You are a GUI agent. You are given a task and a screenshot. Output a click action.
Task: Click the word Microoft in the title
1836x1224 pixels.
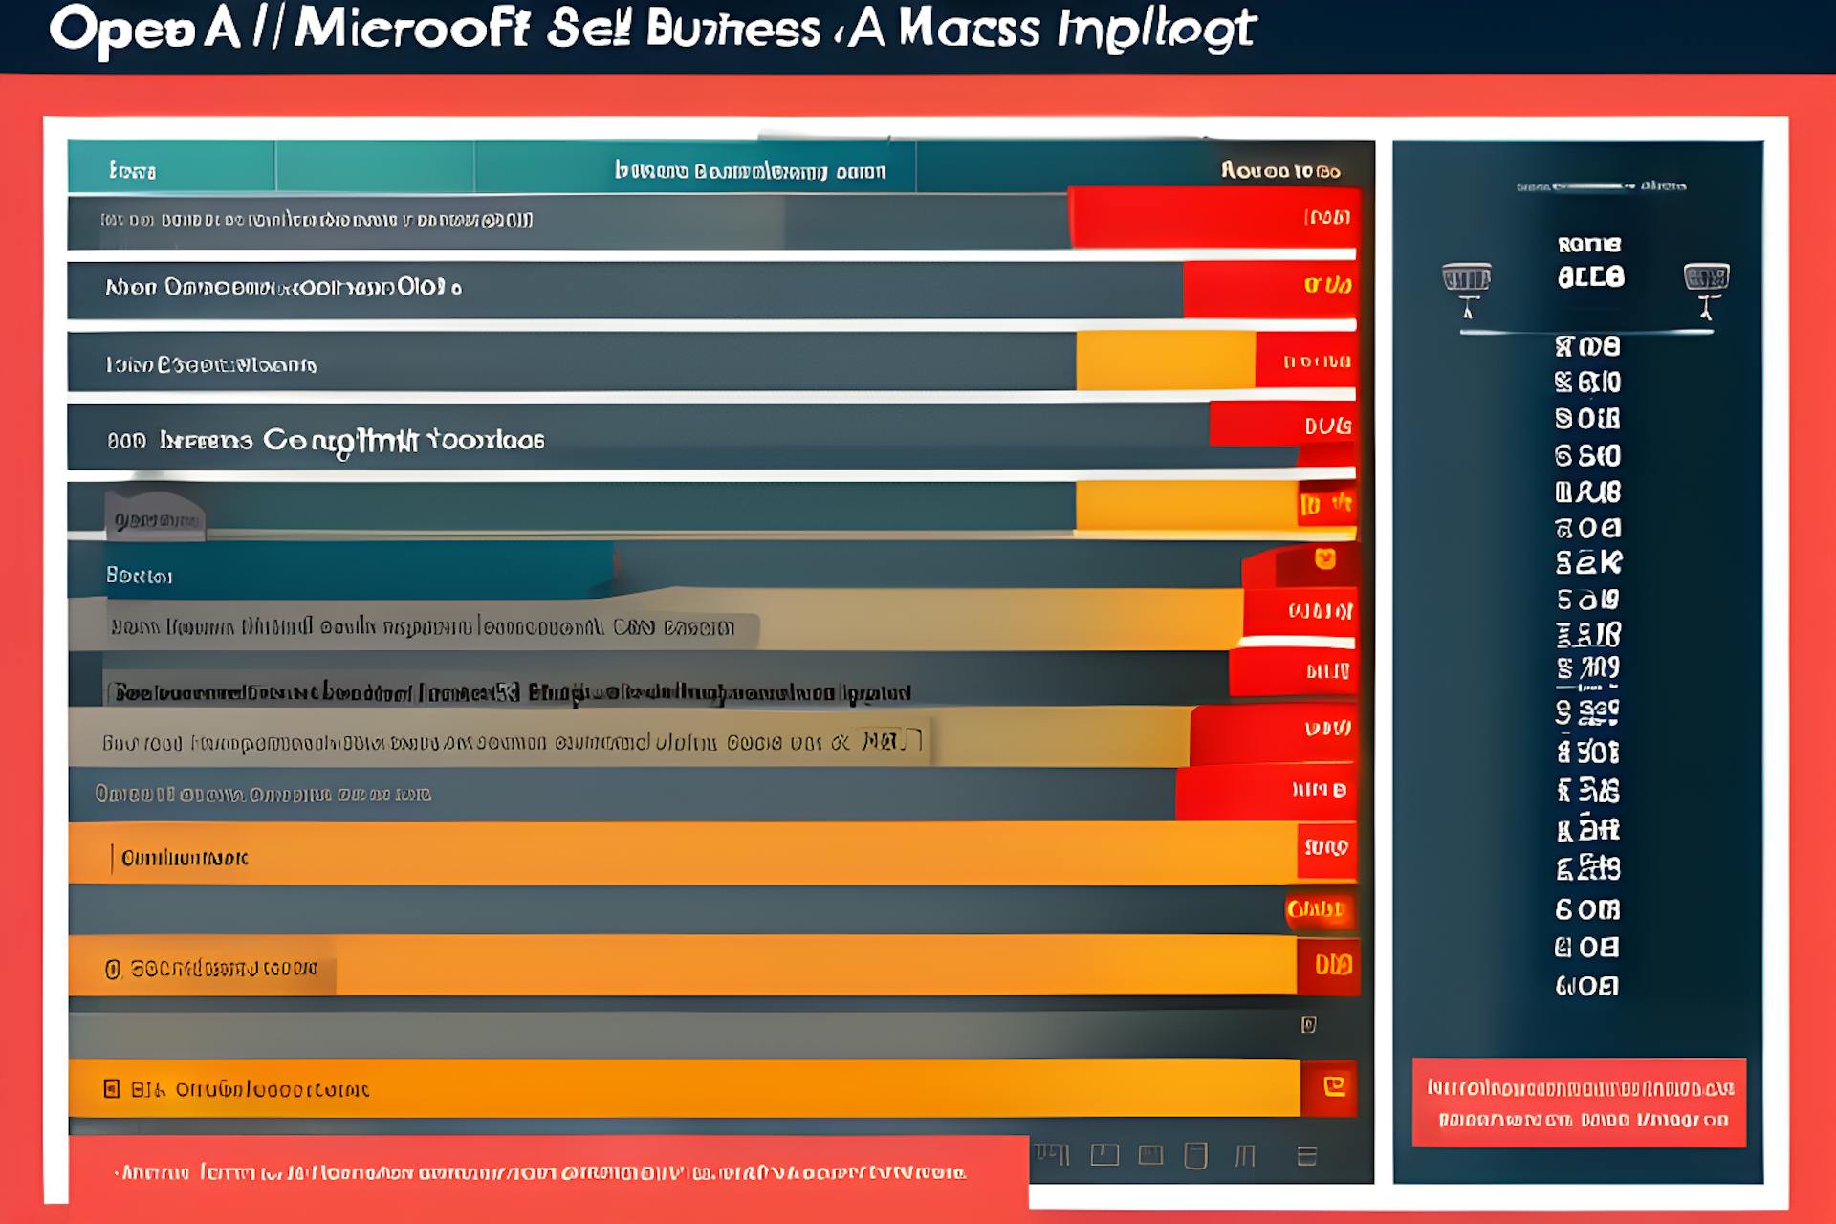click(x=411, y=29)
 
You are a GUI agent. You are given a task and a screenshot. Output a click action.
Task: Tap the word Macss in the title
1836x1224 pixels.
click(x=969, y=29)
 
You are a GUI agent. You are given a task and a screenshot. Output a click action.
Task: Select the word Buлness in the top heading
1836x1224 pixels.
click(x=733, y=29)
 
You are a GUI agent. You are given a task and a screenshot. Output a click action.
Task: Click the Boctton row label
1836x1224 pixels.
click(x=139, y=576)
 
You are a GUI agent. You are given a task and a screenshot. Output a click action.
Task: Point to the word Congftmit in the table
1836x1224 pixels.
click(x=340, y=440)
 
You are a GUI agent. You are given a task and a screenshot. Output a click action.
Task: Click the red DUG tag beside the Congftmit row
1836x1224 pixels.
click(x=1327, y=426)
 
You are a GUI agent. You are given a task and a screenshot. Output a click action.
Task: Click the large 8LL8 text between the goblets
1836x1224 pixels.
click(x=1590, y=277)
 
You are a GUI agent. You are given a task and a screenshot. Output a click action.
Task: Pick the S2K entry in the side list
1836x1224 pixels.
click(x=1588, y=563)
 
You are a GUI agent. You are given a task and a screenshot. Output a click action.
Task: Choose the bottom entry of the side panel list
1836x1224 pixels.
click(x=1587, y=986)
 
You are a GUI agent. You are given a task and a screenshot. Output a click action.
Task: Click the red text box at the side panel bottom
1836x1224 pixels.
click(x=1579, y=1103)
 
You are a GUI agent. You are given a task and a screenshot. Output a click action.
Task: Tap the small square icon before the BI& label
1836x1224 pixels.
click(x=112, y=1088)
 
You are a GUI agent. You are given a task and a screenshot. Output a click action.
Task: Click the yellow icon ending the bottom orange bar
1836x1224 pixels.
click(x=1334, y=1086)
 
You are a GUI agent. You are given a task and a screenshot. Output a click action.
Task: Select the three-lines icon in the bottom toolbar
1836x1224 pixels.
click(x=1307, y=1157)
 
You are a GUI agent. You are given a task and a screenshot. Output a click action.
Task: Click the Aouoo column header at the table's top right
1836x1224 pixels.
click(x=1279, y=171)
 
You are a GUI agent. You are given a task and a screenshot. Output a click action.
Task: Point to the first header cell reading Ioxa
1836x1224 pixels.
click(x=132, y=171)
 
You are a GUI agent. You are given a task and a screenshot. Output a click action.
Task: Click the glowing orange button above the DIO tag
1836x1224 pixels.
click(x=1316, y=909)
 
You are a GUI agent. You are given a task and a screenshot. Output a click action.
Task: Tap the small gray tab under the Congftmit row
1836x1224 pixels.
click(x=155, y=516)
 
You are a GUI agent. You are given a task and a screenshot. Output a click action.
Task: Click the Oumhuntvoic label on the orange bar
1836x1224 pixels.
click(x=185, y=858)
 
